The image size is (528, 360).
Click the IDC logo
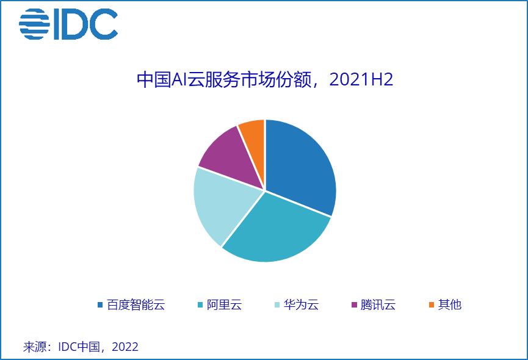(68, 24)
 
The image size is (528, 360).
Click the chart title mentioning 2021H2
(264, 80)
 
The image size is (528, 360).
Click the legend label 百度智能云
(136, 304)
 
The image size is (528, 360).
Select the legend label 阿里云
(224, 304)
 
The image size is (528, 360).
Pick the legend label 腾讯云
(378, 304)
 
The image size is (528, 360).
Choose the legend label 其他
(449, 304)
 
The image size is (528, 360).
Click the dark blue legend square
(100, 304)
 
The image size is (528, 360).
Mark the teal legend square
(200, 304)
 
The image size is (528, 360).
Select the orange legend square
(431, 304)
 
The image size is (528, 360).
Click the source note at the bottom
(81, 347)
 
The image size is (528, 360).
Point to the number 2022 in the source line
(125, 347)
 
